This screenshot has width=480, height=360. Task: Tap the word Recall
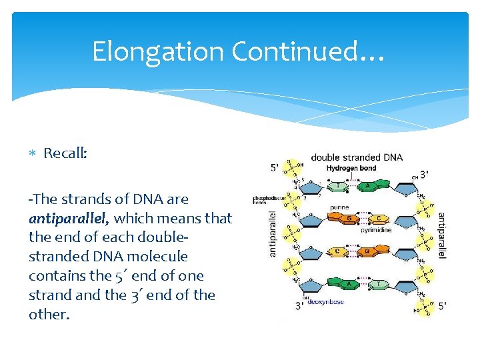65,153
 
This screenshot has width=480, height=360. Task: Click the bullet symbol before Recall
33,153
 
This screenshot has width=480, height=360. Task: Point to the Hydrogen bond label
351,169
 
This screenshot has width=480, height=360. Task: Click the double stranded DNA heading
357,157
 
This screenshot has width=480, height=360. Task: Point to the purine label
339,207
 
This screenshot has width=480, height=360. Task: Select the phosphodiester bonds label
268,199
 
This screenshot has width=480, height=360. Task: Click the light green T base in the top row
339,187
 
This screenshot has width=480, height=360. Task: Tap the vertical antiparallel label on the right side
441,235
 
